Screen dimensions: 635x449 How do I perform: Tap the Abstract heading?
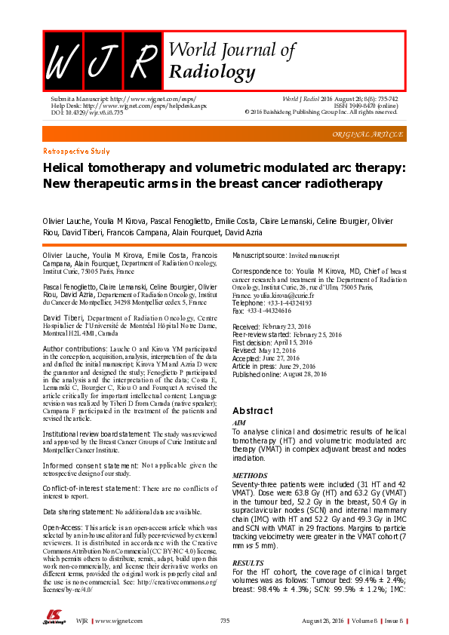[x=252, y=410]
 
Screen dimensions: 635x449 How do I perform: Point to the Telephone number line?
[x=272, y=303]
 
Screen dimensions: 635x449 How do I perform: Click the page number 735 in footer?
[x=224, y=620]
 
